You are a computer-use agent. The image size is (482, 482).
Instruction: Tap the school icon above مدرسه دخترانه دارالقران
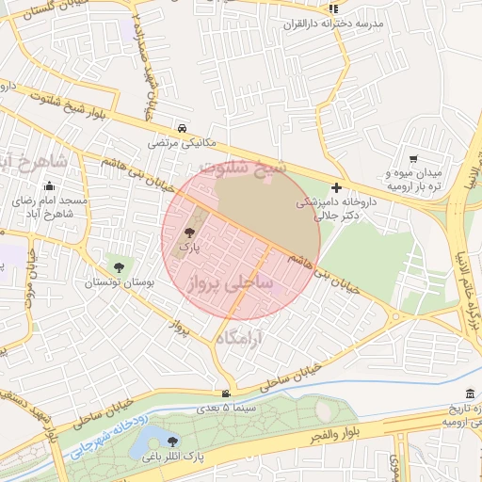[332, 8]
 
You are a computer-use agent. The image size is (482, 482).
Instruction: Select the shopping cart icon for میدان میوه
[413, 159]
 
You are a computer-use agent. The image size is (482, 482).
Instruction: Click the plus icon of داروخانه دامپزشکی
[336, 187]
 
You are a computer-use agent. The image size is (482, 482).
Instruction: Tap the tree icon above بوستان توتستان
[118, 267]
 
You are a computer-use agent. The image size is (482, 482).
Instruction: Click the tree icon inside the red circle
[189, 233]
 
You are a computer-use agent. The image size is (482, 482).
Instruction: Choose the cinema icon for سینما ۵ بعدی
[225, 394]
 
